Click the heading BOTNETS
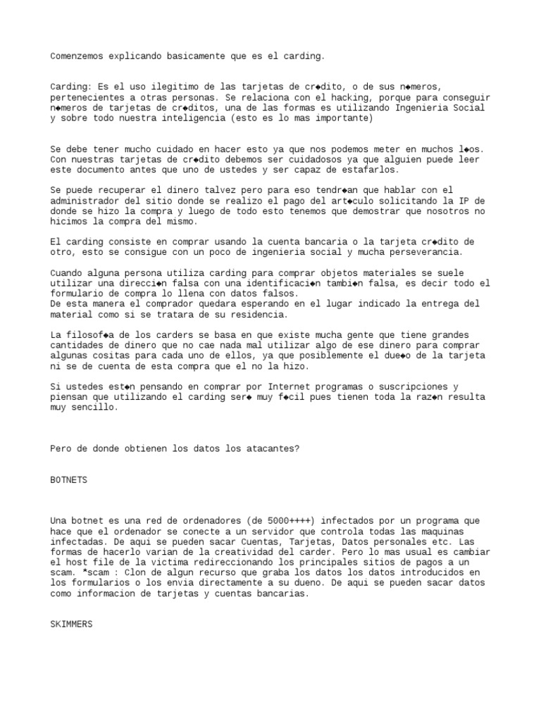click(69, 479)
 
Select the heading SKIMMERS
click(71, 625)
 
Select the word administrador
click(86, 201)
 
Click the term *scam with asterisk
click(68, 573)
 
